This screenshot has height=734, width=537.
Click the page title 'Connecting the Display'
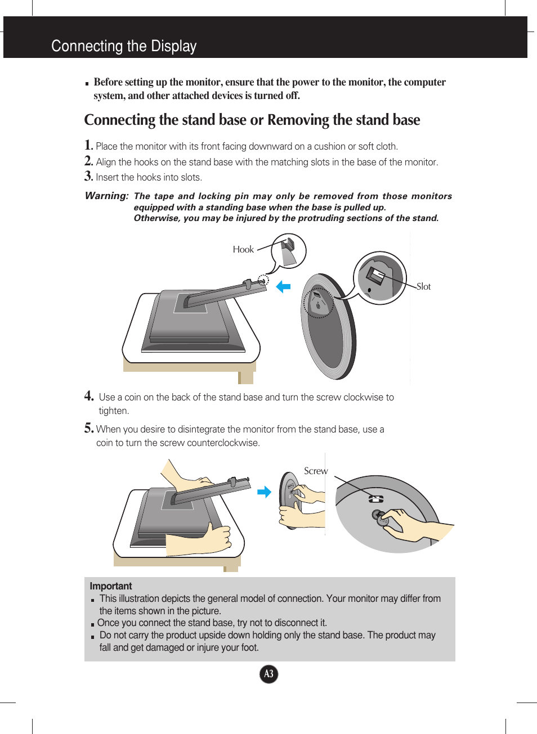click(124, 46)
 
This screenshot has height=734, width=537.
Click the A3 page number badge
click(269, 674)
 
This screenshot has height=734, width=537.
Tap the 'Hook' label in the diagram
click(243, 250)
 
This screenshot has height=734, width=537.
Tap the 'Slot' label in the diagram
click(424, 286)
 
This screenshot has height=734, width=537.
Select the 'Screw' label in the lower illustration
click(315, 471)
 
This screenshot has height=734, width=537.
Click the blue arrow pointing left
click(283, 287)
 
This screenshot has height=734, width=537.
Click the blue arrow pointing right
click(264, 492)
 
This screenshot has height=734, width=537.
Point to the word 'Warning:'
click(106, 196)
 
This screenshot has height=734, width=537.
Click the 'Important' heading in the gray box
click(110, 586)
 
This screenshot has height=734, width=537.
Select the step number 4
click(89, 396)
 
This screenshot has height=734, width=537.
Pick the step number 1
click(88, 145)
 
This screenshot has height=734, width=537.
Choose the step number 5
click(89, 428)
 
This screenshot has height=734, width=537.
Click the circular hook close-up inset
click(289, 251)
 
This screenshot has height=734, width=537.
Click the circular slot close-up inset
click(380, 278)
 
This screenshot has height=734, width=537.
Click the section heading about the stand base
click(252, 120)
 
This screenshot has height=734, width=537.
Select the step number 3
click(88, 176)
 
